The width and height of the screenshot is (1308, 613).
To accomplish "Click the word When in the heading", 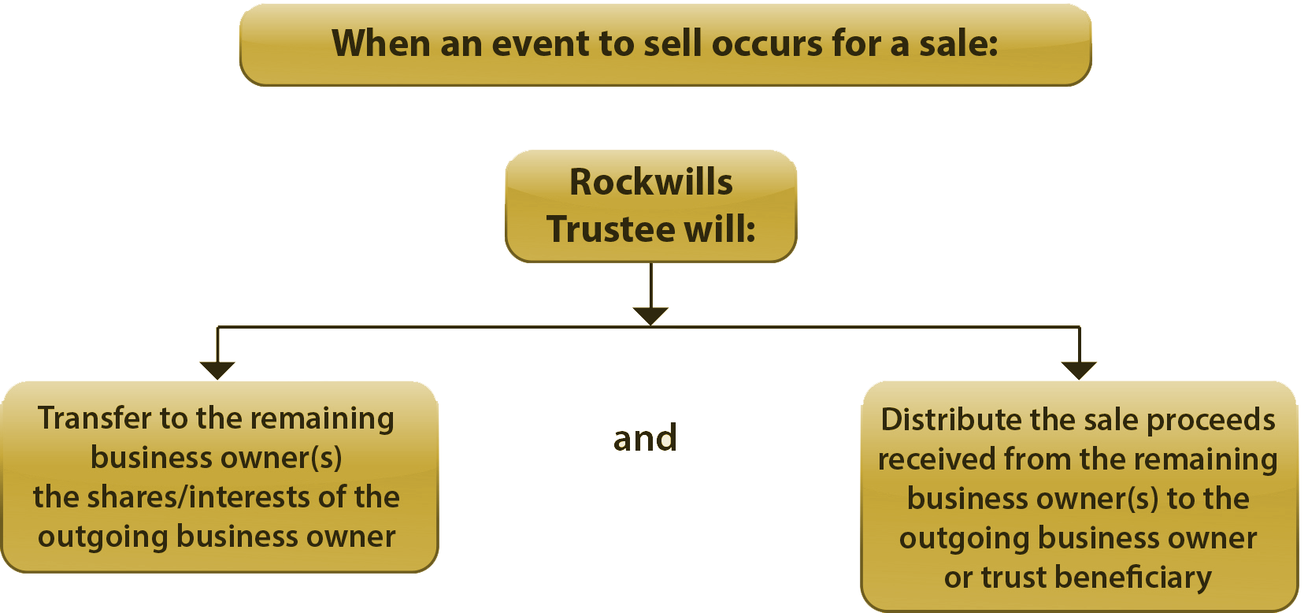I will click(x=380, y=43).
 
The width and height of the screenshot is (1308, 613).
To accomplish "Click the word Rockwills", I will click(x=651, y=182).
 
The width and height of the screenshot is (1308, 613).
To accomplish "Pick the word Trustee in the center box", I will click(x=610, y=229).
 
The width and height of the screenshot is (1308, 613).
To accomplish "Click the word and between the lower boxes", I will click(x=645, y=438).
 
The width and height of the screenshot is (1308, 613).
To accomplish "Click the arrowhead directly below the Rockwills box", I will click(x=650, y=315).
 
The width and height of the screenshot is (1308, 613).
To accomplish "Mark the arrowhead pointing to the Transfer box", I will click(x=217, y=370).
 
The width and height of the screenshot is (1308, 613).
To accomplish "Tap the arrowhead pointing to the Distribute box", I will click(x=1079, y=370).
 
